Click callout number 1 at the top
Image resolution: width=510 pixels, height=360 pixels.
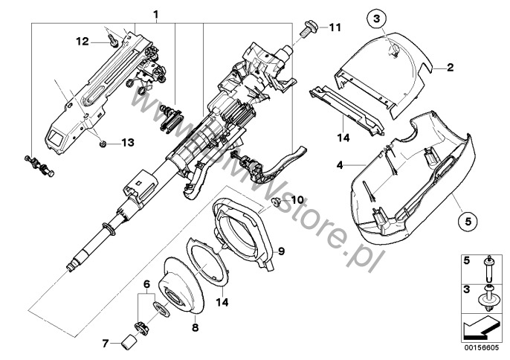(x=156, y=14)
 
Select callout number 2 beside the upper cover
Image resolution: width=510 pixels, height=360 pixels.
(x=449, y=68)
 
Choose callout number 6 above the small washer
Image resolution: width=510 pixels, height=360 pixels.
(x=147, y=283)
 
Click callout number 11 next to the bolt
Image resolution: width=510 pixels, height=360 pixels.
(x=335, y=28)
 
